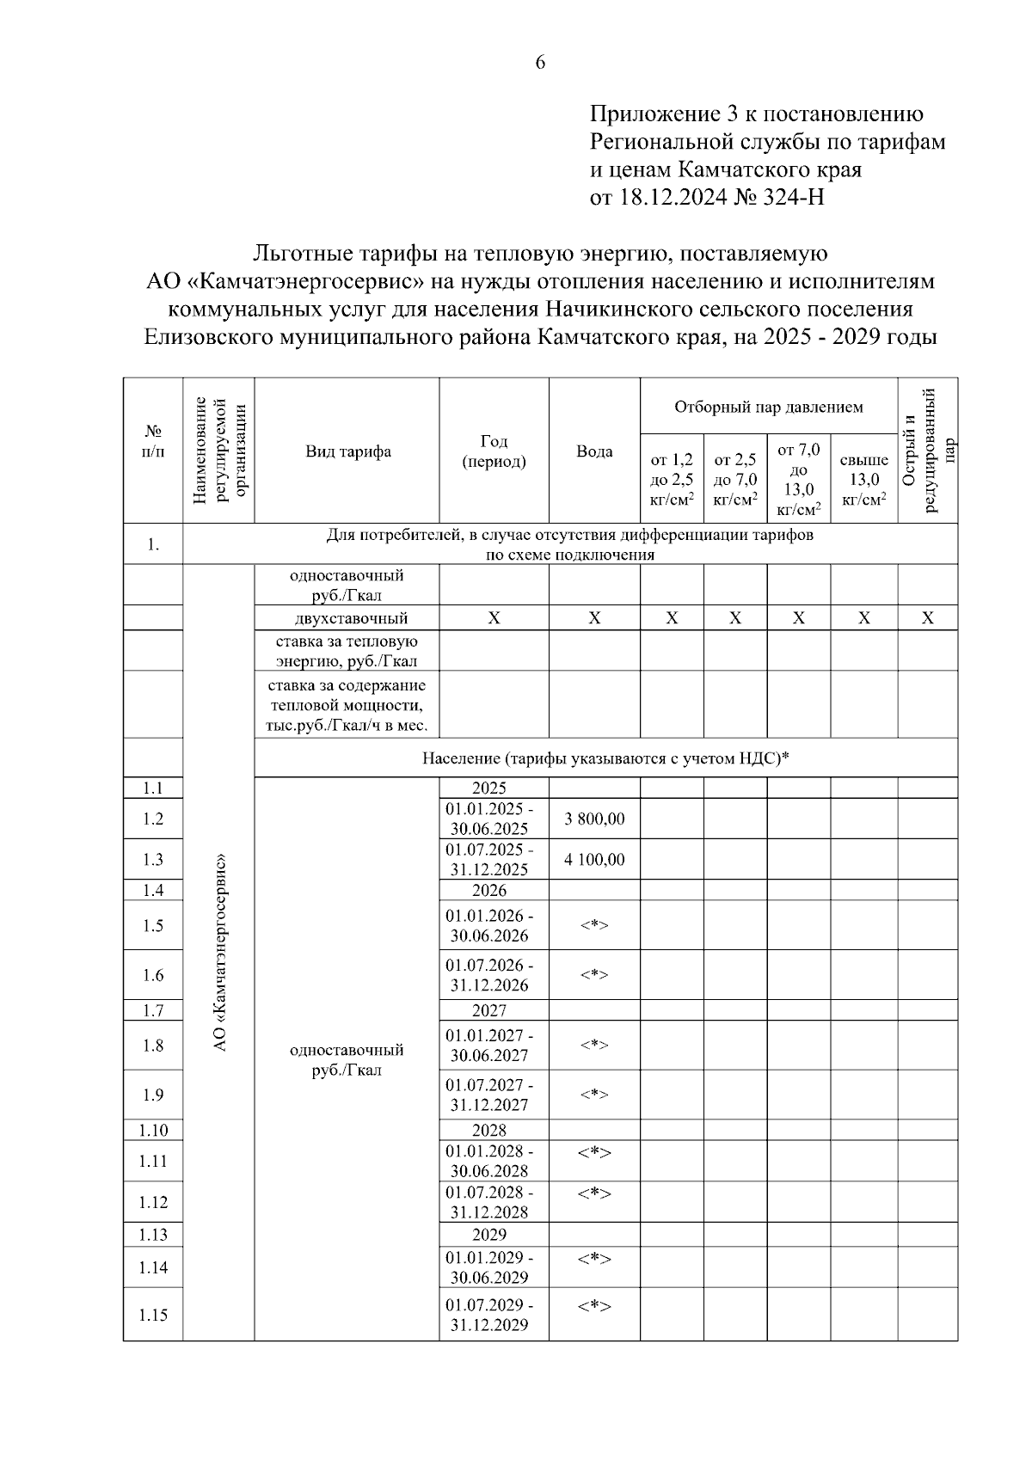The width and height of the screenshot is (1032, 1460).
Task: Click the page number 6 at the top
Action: pos(540,62)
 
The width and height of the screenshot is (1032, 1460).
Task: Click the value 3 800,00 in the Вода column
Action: pos(594,819)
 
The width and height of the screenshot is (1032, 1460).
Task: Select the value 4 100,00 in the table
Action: pos(594,859)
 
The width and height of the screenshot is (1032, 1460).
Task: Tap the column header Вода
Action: pos(594,451)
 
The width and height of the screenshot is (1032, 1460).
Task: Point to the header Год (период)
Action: pos(494,451)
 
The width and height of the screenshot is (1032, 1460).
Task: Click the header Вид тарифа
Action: pos(348,451)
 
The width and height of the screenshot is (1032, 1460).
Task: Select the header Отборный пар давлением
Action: pos(768,407)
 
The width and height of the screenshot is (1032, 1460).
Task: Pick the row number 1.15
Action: pos(153,1315)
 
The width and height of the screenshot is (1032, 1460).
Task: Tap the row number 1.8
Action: pos(153,1046)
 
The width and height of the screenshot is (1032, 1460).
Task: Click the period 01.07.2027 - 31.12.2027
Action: pos(489,1095)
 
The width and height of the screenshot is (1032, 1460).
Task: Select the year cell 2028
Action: pos(489,1130)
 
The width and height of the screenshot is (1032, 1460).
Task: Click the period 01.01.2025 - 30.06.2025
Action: pos(489,819)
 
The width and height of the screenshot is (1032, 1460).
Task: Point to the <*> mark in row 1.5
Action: pos(594,925)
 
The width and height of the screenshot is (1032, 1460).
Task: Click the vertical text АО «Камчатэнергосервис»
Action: pos(219,952)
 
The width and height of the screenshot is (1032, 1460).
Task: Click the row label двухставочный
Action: pos(348,618)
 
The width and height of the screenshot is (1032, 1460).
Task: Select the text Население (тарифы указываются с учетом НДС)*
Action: pos(605,758)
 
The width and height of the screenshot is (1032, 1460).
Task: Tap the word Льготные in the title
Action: pos(299,254)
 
